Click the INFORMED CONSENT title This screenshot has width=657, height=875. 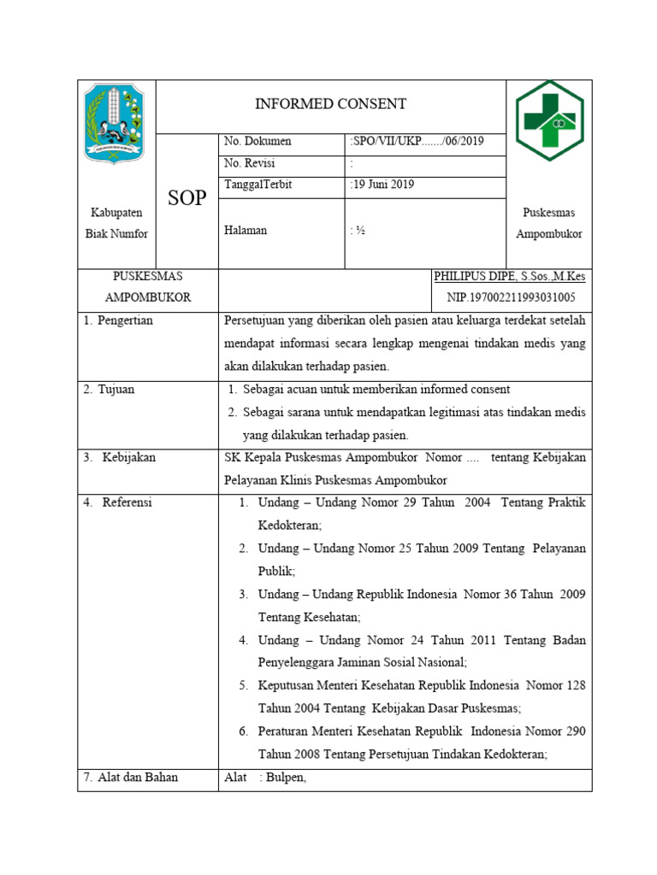click(x=330, y=104)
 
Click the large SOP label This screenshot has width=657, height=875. click(x=186, y=198)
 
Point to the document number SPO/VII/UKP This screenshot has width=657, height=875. click(x=417, y=142)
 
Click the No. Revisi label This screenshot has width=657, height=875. click(x=250, y=163)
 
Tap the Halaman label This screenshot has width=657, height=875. click(x=246, y=230)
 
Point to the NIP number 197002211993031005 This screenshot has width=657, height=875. click(x=512, y=297)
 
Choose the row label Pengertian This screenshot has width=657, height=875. click(x=123, y=321)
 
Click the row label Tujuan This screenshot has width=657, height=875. click(x=115, y=390)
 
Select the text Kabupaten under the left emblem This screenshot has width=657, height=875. click(x=116, y=213)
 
